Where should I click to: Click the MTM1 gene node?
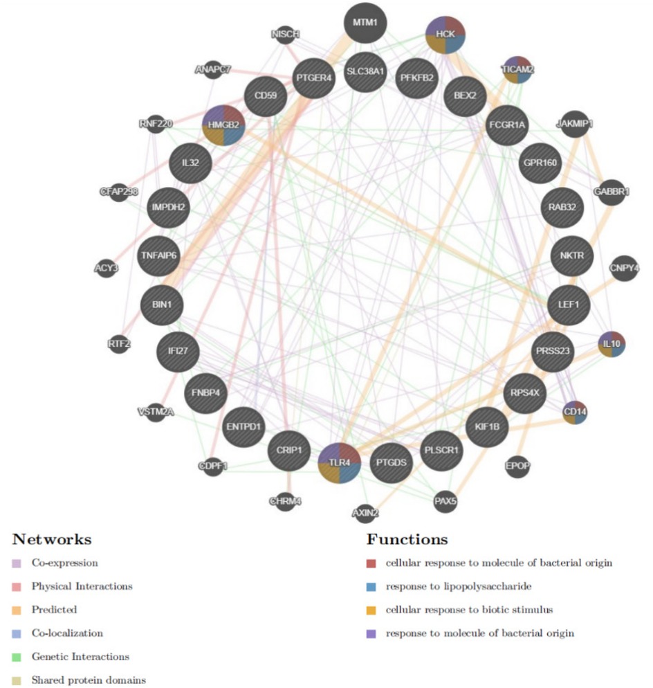coord(365,23)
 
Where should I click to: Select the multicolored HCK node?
coord(445,34)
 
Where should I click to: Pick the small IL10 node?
coord(612,343)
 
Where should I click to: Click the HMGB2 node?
coord(223,125)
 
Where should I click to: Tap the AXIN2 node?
coord(365,513)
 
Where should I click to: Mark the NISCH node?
coord(284,34)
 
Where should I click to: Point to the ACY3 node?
coord(105,267)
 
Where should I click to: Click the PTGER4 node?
coord(315,78)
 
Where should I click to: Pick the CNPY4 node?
coord(624,267)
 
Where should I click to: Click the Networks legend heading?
coord(52,539)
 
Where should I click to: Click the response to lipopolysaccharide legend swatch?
coord(372,587)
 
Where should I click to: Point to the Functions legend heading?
coord(407,539)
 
